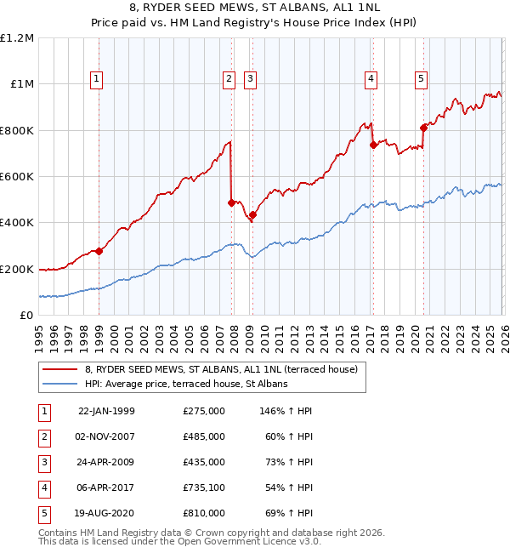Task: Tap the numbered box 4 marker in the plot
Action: pos(371,80)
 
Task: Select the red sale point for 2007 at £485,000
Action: pos(231,202)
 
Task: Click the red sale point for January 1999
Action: pos(99,251)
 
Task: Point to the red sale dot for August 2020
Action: pos(422,128)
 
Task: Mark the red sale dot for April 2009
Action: pos(252,214)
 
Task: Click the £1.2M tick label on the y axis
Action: pos(17,38)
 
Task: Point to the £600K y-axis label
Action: pos(17,177)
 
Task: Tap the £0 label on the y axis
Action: pos(25,316)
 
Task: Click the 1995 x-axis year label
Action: pos(38,333)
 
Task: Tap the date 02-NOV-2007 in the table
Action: pos(106,436)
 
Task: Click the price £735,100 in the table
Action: pos(204,487)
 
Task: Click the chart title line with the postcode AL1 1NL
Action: pos(255,9)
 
